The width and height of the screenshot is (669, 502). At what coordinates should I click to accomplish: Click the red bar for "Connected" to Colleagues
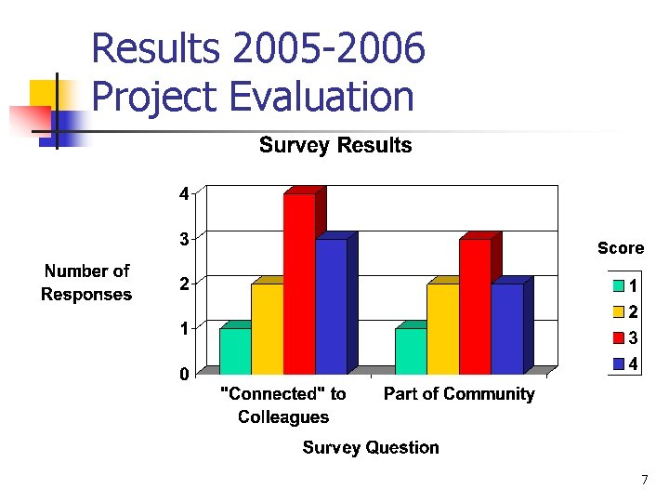pyautogui.click(x=299, y=284)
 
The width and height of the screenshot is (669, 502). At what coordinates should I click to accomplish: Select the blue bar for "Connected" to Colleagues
pyautogui.click(x=331, y=307)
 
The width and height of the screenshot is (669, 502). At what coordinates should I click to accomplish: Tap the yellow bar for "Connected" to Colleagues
pyautogui.click(x=268, y=328)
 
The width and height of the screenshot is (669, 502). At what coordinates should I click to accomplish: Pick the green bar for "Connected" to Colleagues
pyautogui.click(x=236, y=350)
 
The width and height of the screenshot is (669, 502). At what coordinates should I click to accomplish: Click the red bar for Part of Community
pyautogui.click(x=475, y=307)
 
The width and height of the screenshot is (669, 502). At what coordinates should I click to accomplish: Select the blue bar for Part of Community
pyautogui.click(x=506, y=328)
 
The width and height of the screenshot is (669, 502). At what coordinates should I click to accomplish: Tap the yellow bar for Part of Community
pyautogui.click(x=443, y=328)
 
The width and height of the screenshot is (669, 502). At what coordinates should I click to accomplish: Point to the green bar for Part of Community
pyautogui.click(x=412, y=350)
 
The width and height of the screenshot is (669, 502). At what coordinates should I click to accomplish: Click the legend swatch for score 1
pyautogui.click(x=617, y=284)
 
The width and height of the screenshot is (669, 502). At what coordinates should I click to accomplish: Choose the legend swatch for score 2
pyautogui.click(x=617, y=311)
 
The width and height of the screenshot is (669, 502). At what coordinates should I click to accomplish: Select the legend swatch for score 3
pyautogui.click(x=617, y=337)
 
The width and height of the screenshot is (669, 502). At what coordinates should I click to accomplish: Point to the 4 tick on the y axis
pyautogui.click(x=184, y=193)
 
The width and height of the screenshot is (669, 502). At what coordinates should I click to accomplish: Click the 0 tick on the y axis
pyautogui.click(x=184, y=374)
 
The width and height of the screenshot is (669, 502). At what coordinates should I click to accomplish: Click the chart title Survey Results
pyautogui.click(x=334, y=145)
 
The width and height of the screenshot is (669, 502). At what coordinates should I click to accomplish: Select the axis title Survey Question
pyautogui.click(x=371, y=447)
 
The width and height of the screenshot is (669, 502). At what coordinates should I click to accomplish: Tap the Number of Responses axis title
pyautogui.click(x=86, y=283)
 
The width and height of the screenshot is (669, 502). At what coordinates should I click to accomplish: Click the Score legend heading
pyautogui.click(x=620, y=247)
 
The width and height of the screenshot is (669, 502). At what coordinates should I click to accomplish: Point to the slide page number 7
pyautogui.click(x=644, y=480)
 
